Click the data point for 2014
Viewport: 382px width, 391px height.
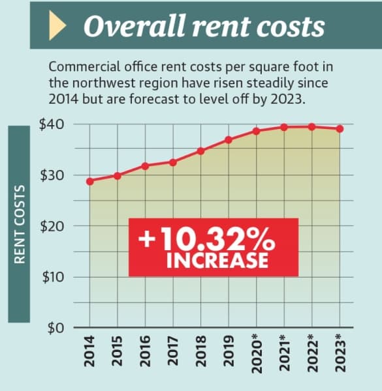(90, 181)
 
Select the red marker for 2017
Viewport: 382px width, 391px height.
(173, 162)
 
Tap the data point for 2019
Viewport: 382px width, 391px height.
(229, 140)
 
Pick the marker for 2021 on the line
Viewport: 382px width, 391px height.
(284, 128)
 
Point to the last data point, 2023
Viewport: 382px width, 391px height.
(340, 129)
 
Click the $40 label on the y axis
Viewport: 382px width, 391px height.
(51, 124)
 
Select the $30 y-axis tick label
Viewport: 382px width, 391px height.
(52, 175)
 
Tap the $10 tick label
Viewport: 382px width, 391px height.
(53, 277)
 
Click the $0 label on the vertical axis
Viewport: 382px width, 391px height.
(56, 328)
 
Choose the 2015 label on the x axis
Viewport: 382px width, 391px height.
(117, 351)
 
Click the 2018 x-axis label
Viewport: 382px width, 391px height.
(200, 351)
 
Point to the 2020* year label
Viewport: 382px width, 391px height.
(257, 354)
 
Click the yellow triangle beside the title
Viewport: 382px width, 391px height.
(57, 25)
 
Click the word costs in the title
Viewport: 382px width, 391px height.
(291, 27)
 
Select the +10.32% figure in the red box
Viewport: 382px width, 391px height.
(206, 239)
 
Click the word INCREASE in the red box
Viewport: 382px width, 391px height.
(217, 261)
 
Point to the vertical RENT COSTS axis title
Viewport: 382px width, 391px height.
(19, 224)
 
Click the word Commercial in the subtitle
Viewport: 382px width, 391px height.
(84, 67)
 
